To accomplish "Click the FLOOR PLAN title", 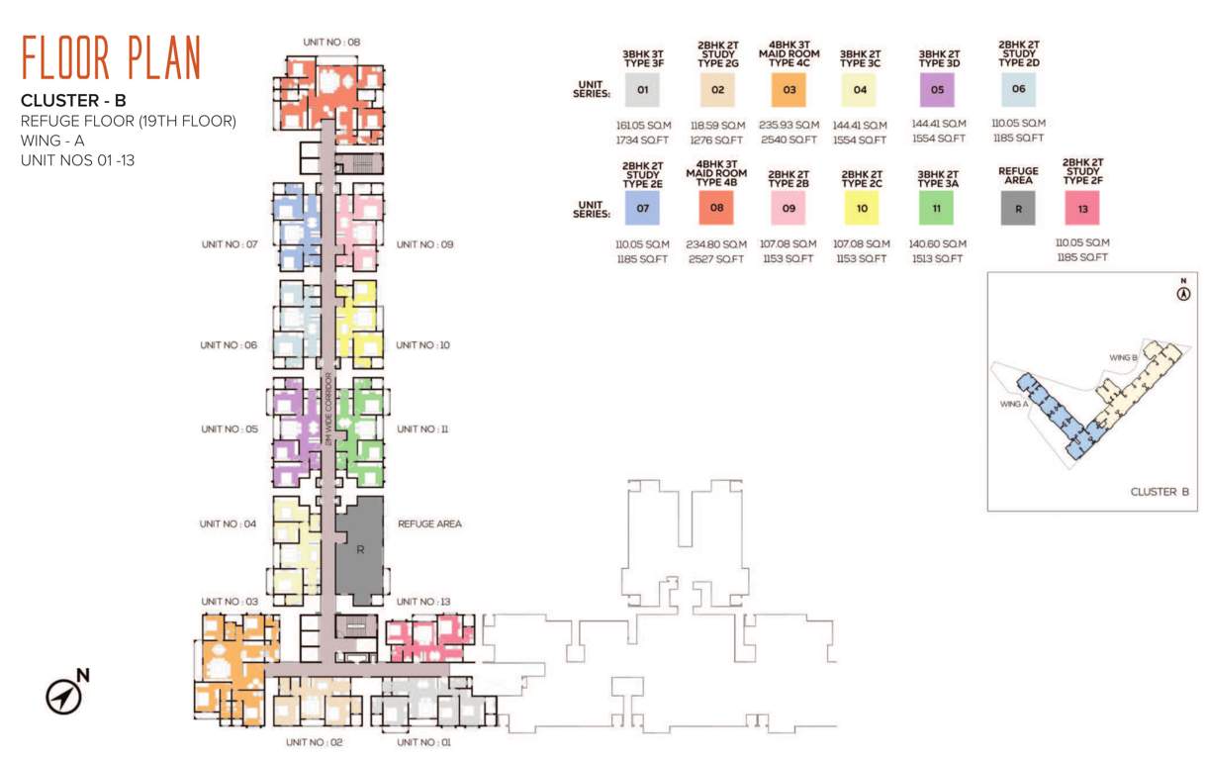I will click(111, 57).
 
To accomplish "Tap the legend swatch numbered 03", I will click(789, 91).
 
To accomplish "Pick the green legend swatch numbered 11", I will click(936, 208).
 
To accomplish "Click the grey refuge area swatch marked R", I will click(1017, 209).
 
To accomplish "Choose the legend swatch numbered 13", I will click(1082, 208).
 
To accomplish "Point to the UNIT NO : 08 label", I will click(331, 43).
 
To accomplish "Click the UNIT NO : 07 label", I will click(229, 243).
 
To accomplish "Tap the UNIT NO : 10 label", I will click(423, 345).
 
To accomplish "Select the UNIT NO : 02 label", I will click(314, 741).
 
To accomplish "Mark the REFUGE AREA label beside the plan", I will click(429, 523).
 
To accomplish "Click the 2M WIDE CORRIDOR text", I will click(327, 408).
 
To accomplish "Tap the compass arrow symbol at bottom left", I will click(64, 697).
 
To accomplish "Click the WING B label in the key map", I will click(1121, 357).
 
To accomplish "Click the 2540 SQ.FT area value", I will click(789, 140).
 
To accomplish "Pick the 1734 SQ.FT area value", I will click(642, 140).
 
